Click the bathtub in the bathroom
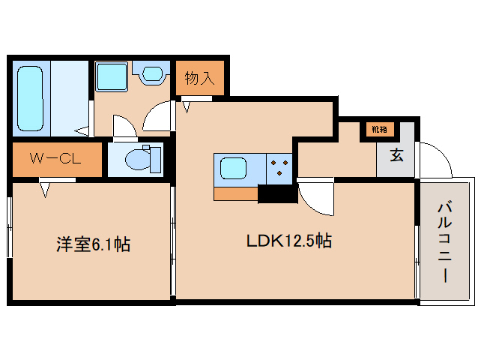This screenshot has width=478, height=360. [x=30, y=98]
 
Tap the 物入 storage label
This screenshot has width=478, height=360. [x=200, y=78]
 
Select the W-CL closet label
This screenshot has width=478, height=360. [x=55, y=159]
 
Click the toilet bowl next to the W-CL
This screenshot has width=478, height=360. [x=138, y=159]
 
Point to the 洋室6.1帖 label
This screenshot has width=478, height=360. [x=94, y=244]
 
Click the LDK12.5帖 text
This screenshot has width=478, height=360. [x=289, y=241]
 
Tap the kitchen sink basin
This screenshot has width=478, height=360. [x=233, y=169]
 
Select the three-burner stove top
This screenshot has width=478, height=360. [x=279, y=169]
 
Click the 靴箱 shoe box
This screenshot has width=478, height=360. [x=380, y=129]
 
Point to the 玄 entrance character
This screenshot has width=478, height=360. [x=396, y=154]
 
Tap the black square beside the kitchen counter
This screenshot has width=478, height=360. [x=278, y=193]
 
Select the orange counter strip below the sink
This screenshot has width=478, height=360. [x=236, y=193]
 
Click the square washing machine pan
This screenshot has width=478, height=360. [x=112, y=76]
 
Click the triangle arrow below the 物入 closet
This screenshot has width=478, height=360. [x=187, y=107]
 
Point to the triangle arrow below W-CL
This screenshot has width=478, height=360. [x=46, y=190]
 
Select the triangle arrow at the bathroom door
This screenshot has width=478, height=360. [x=82, y=131]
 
